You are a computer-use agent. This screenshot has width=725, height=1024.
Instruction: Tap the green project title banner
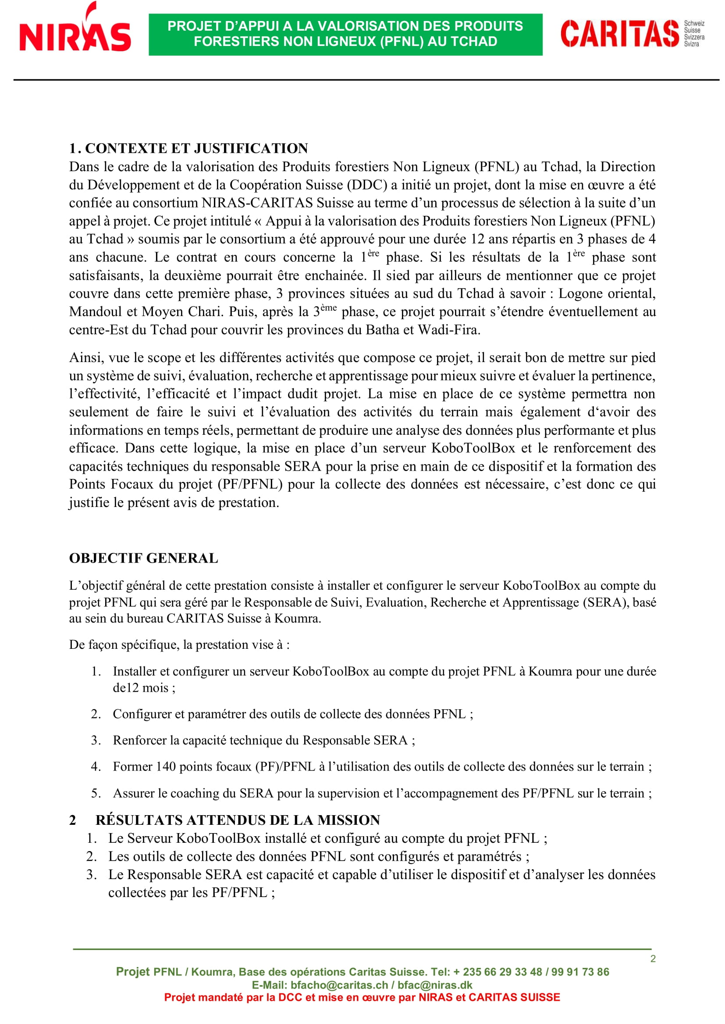pyautogui.click(x=345, y=34)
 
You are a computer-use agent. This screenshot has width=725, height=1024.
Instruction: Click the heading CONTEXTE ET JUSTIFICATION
pyautogui.click(x=196, y=148)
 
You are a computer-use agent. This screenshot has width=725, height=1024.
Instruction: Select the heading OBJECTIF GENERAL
pyautogui.click(x=143, y=558)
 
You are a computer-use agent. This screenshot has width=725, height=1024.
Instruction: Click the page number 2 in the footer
pyautogui.click(x=653, y=959)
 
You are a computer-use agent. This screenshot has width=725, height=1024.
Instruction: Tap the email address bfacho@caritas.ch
pyautogui.click(x=339, y=985)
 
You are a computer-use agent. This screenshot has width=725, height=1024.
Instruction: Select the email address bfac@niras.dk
pyautogui.click(x=435, y=985)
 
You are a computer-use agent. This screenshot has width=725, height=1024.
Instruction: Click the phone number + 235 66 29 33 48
pyautogui.click(x=498, y=972)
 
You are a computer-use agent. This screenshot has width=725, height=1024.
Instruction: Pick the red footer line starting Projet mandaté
pyautogui.click(x=362, y=997)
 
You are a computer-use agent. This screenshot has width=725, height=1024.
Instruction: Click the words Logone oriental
pyautogui.click(x=607, y=293)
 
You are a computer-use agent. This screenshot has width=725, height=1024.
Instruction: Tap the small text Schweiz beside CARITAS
pyautogui.click(x=694, y=23)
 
